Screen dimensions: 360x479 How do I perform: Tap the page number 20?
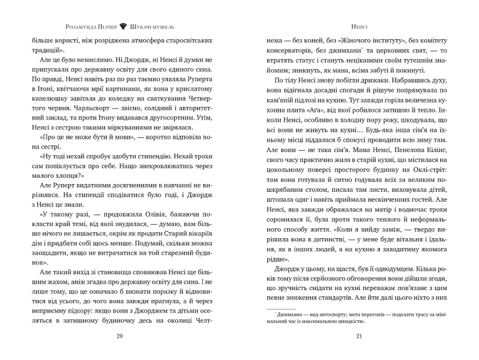pos(120,336)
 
